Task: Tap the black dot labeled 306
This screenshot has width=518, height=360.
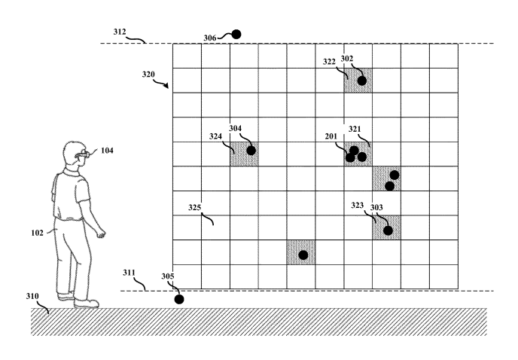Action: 236,34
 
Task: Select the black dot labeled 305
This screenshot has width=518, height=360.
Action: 179,299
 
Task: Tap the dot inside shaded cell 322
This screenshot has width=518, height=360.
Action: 362,81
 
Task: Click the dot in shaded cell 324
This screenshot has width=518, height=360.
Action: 251,151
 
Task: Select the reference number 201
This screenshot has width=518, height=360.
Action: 331,136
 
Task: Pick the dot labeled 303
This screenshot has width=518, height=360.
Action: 388,230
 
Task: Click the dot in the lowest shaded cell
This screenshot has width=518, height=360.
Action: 303,255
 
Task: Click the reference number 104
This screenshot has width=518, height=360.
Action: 108,151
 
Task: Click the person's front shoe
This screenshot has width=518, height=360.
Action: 88,304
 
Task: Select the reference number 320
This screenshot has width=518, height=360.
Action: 148,75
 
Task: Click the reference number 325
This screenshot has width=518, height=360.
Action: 194,206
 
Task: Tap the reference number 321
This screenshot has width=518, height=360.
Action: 355,129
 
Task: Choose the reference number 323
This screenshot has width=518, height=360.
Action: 359,205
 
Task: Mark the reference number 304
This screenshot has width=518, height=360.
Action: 236,128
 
